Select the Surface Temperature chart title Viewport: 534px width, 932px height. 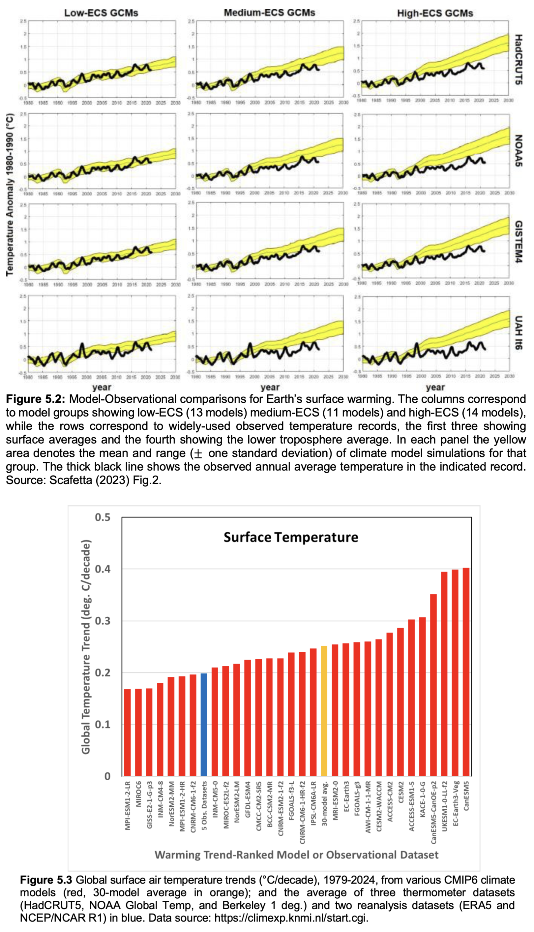pyautogui.click(x=291, y=537)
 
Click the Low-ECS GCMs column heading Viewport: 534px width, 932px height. pyautogui.click(x=101, y=13)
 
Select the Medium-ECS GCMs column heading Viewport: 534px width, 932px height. pyautogui.click(x=270, y=13)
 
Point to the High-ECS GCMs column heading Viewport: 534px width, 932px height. pyautogui.click(x=435, y=14)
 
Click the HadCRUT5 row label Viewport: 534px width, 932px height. pyautogui.click(x=518, y=59)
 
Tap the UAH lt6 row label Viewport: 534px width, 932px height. pyautogui.click(x=518, y=332)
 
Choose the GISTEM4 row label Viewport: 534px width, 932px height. pyautogui.click(x=518, y=241)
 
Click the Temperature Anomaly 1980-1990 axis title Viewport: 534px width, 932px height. pyautogui.click(x=10, y=195)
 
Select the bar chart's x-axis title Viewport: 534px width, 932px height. pyautogui.click(x=296, y=855)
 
